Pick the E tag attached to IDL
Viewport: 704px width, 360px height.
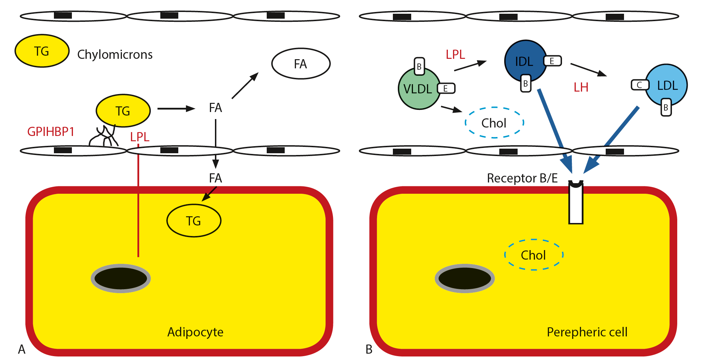click(552, 61)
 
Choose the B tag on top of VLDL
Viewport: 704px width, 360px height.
click(419, 67)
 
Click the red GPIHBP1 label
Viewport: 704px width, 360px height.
click(51, 132)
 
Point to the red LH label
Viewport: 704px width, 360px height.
click(581, 87)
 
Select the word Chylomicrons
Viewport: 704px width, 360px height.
click(115, 55)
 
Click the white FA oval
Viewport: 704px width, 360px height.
click(301, 64)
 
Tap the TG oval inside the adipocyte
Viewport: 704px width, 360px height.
click(194, 221)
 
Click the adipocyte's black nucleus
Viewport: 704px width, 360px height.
click(121, 278)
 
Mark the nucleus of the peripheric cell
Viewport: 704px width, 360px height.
click(465, 278)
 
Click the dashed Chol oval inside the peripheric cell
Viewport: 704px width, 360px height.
click(533, 255)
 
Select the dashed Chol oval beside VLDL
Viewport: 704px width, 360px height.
click(494, 123)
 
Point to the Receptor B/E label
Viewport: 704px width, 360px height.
click(522, 178)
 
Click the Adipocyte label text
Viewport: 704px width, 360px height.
click(195, 332)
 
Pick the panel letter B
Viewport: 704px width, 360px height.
click(369, 349)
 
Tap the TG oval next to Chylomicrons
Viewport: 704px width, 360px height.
click(42, 51)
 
